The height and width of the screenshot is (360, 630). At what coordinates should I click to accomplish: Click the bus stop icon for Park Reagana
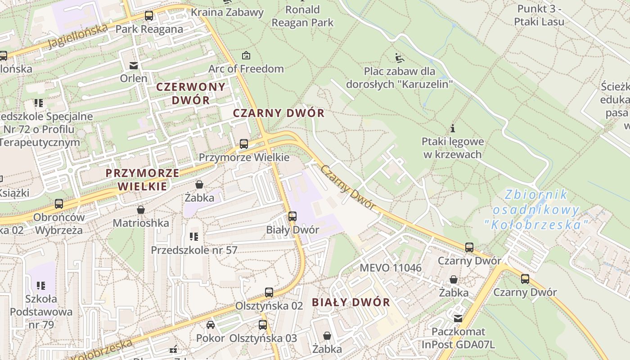149,16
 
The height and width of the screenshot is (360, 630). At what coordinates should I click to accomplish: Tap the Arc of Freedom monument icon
246,56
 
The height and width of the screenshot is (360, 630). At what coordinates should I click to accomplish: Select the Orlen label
134,78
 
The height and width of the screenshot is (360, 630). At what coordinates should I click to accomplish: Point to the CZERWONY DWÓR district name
191,93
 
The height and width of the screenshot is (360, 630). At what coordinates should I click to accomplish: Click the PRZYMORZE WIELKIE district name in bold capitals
142,179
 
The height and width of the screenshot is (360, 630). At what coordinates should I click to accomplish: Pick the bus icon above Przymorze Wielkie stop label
243,144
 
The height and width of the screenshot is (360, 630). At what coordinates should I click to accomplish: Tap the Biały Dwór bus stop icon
292,216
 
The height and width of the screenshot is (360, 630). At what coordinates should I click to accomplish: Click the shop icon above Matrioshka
141,210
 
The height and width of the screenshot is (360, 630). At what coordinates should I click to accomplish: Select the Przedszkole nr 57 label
194,250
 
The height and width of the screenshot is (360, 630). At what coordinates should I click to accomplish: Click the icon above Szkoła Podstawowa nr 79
41,285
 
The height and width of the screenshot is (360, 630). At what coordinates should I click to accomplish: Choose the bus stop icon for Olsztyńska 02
269,292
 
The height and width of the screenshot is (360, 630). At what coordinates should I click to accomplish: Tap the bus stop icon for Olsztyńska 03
263,325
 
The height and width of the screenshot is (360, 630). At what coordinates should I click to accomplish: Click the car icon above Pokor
210,325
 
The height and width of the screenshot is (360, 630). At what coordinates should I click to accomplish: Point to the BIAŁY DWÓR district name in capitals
351,302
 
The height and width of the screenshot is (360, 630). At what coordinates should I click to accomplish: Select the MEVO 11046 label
391,268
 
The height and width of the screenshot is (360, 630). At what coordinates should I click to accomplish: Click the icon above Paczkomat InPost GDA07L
458,318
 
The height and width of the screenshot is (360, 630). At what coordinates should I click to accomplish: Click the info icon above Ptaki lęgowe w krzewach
453,128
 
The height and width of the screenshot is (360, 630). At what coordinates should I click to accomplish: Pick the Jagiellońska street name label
78,36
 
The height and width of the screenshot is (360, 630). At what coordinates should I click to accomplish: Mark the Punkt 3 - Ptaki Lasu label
539,15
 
